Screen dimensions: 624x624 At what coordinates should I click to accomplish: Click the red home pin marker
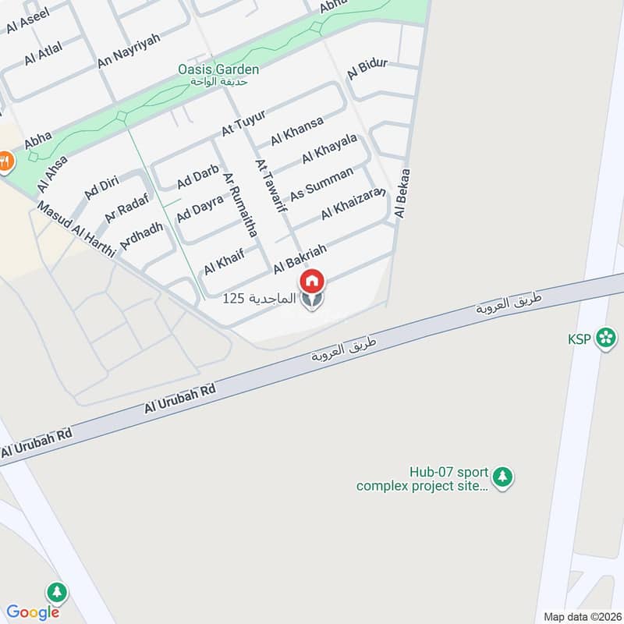pyautogui.click(x=311, y=281)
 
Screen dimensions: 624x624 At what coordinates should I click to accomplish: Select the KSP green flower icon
pyautogui.click(x=604, y=339)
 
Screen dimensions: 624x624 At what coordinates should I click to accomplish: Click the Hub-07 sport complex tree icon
pyautogui.click(x=503, y=477)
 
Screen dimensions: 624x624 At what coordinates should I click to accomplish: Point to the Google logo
pyautogui.click(x=33, y=612)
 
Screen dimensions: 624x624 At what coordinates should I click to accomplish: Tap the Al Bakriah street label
pyautogui.click(x=299, y=258)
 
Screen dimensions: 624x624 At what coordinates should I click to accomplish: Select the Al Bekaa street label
pyautogui.click(x=403, y=193)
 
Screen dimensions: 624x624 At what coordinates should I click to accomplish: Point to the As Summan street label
pyautogui.click(x=321, y=183)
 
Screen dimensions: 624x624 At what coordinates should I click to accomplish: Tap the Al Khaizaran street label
pyautogui.click(x=355, y=202)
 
